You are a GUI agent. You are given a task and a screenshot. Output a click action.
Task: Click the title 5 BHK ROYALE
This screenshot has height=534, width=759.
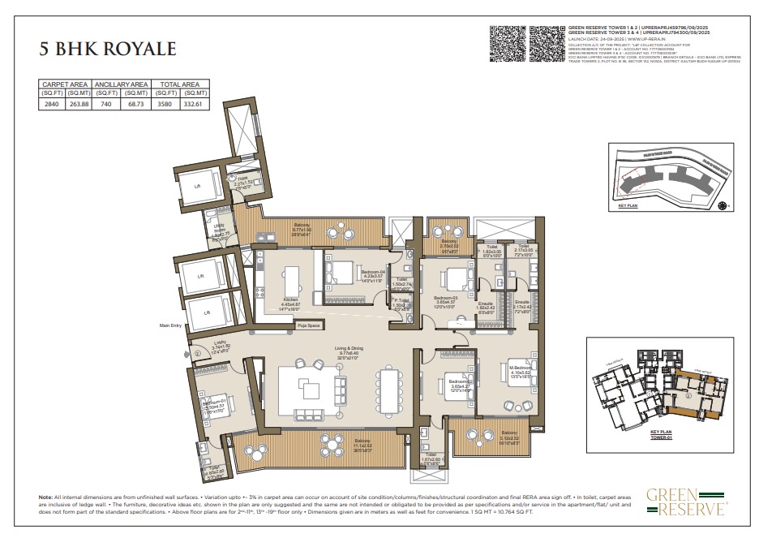(108, 48)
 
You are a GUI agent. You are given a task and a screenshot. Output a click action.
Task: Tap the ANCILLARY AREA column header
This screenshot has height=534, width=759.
(121, 84)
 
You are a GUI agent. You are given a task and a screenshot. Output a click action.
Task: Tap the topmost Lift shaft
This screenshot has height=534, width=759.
(196, 186)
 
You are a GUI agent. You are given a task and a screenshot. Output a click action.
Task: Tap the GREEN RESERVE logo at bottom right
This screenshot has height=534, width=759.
(685, 502)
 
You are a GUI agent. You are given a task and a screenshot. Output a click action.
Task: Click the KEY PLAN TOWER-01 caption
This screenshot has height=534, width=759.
(662, 436)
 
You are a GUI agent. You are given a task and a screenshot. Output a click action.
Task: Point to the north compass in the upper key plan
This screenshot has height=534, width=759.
(722, 207)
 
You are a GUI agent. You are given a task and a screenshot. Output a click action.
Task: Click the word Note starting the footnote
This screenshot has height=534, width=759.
(45, 496)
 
